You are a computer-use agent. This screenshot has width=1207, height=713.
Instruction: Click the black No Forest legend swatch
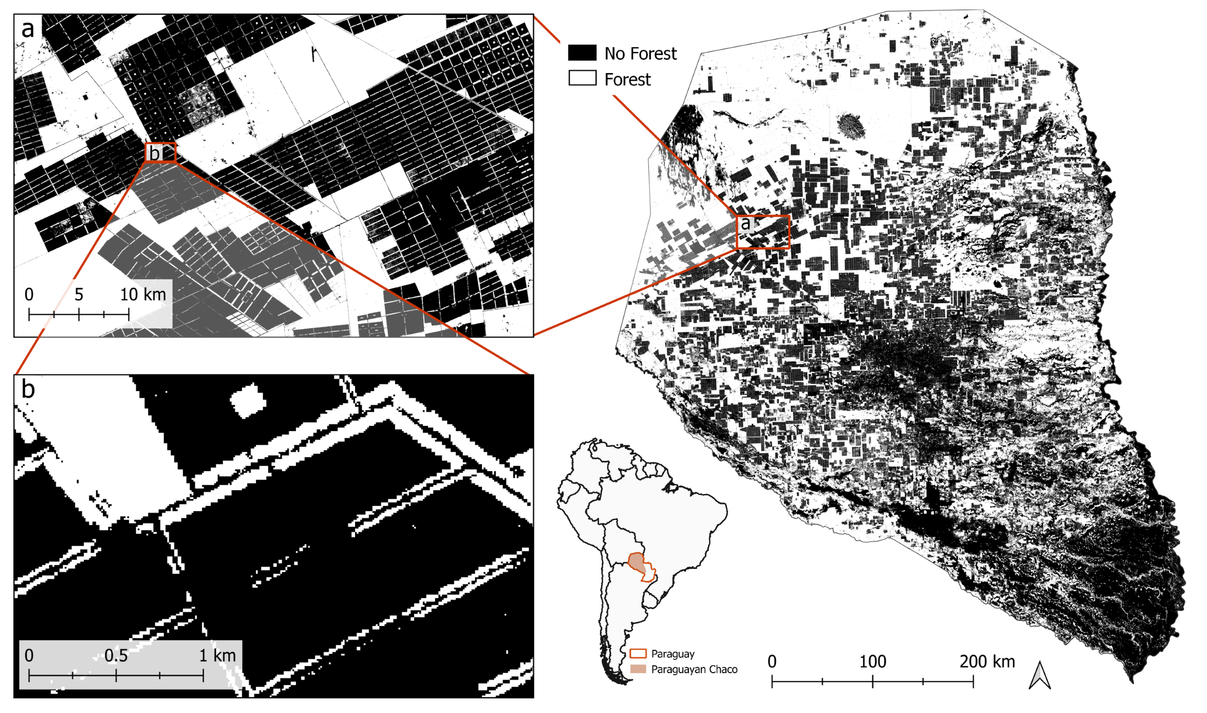pos(582,53)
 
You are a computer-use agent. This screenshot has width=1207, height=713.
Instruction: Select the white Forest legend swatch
pos(582,78)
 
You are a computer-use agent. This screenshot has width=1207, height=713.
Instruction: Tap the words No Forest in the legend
pos(640,53)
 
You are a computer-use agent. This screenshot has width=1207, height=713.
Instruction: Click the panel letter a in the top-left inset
pos(28,29)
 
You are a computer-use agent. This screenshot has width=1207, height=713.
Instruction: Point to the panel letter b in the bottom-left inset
pos(28,389)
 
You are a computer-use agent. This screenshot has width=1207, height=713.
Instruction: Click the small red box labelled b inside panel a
pos(160,152)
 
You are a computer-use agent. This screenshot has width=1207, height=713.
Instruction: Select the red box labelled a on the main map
pos(763,232)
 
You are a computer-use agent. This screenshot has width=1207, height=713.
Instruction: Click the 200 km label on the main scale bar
pos(987,662)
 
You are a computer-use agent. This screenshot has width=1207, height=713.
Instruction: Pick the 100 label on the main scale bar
pos(872,662)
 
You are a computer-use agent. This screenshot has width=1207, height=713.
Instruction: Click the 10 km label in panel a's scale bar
pos(143,294)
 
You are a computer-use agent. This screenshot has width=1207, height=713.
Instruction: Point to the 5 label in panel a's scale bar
pos(79,294)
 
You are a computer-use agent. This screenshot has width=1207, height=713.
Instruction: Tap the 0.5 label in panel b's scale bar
pos(116,656)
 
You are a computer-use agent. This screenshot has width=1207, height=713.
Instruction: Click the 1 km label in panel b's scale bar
pos(218,656)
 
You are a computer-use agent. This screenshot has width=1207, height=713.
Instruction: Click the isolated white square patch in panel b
pos(248,400)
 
